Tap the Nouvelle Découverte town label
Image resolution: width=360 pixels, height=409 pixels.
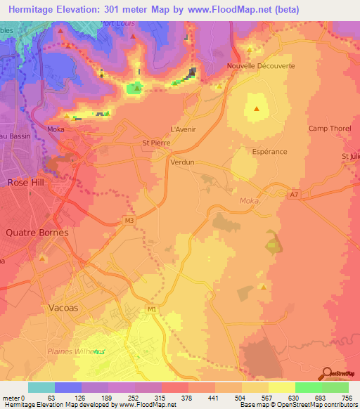(261, 66)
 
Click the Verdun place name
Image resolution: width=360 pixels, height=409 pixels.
(182, 162)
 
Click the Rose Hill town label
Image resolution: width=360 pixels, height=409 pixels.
(26, 182)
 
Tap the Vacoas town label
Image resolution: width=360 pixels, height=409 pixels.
(69, 308)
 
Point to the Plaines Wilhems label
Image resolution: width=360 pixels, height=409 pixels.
(76, 351)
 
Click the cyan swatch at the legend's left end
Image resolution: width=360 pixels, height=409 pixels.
(41, 387)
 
